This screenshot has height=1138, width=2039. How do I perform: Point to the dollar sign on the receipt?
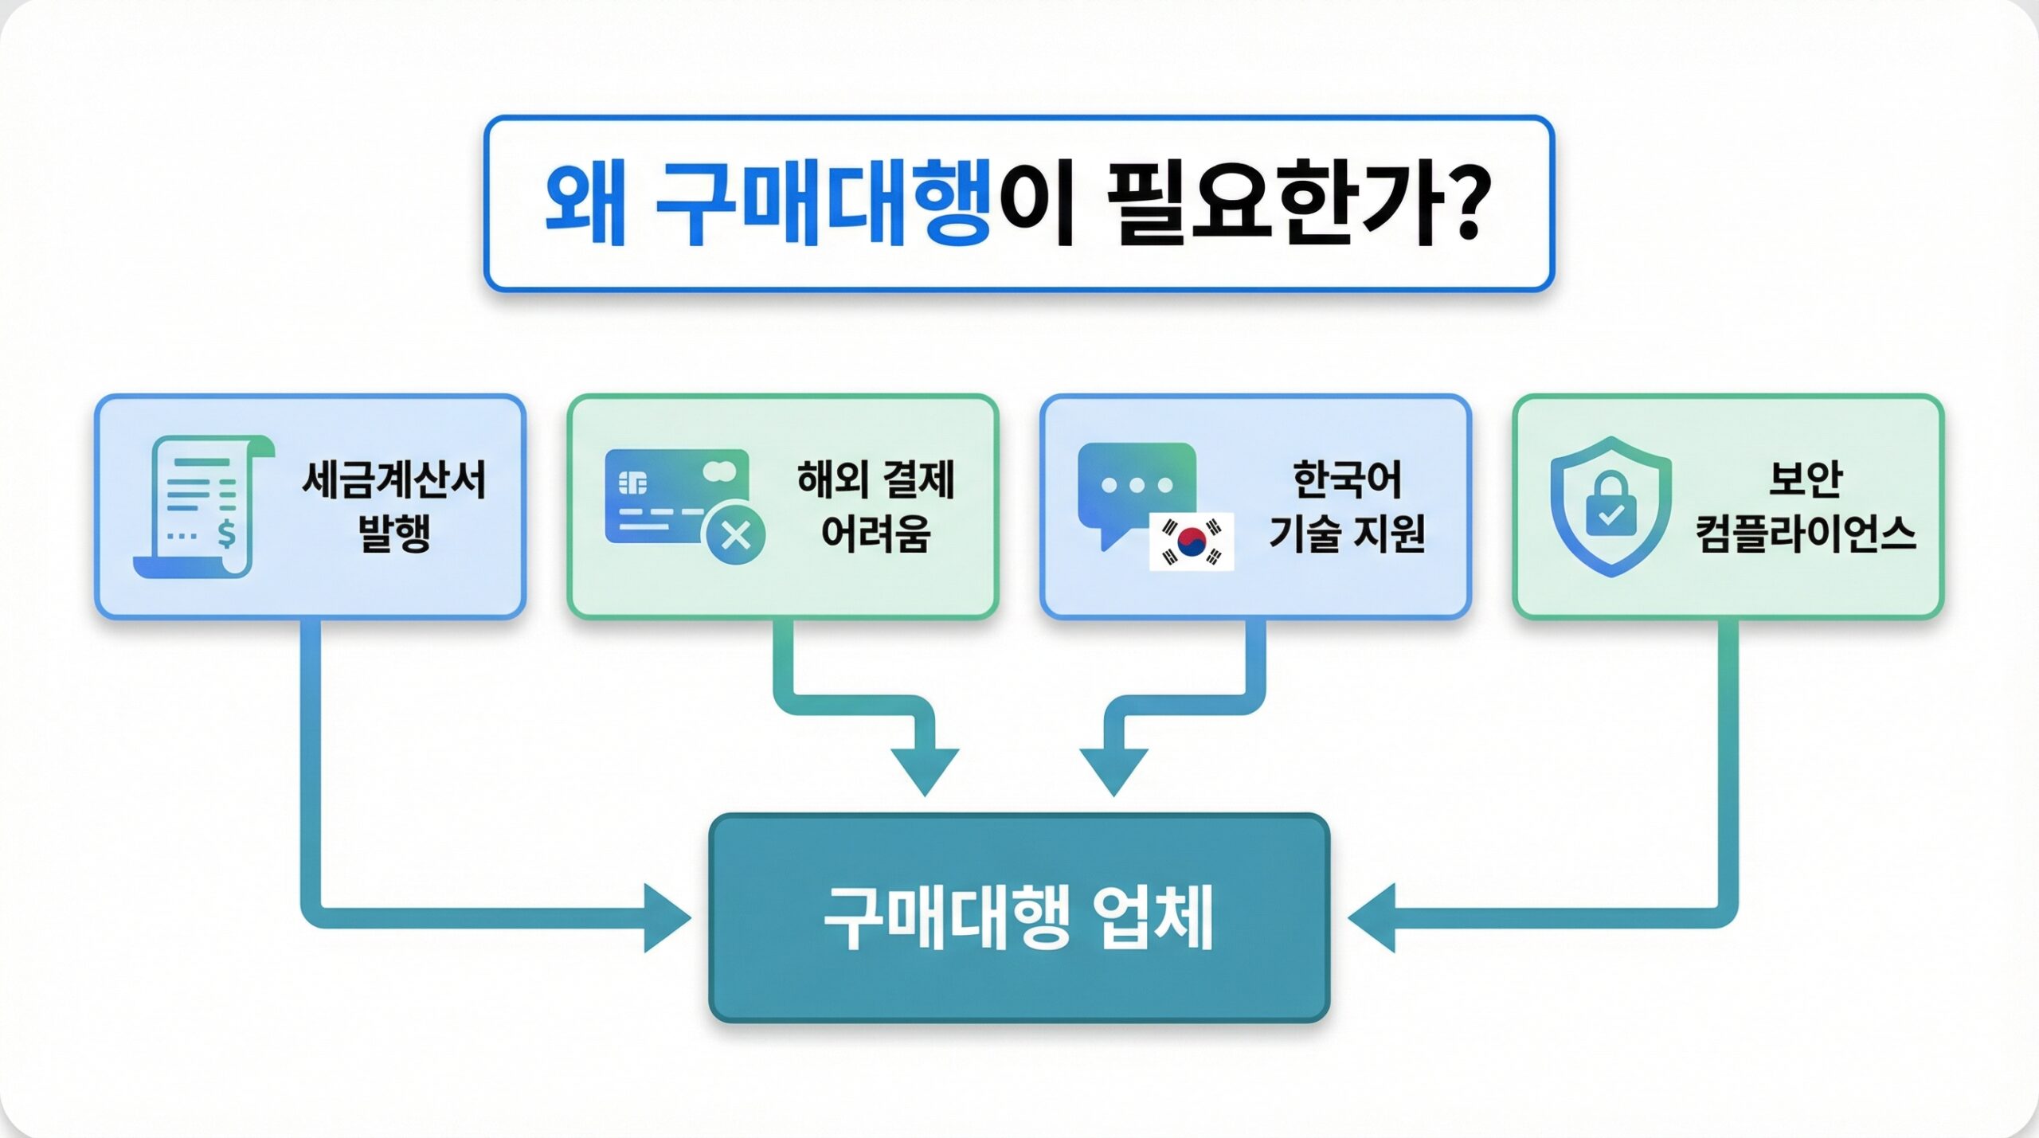227,534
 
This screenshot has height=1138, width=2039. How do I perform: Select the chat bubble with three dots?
1136,486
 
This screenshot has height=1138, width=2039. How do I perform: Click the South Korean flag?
1192,541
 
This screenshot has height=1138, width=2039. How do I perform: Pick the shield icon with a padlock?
1610,506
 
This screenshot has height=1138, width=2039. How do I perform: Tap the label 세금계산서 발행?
394,506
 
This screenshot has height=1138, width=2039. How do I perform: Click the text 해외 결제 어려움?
875,506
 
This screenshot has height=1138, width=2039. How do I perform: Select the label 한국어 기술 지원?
1347,506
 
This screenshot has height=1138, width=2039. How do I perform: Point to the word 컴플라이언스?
1805,534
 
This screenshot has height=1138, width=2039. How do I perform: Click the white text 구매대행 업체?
1019,917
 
